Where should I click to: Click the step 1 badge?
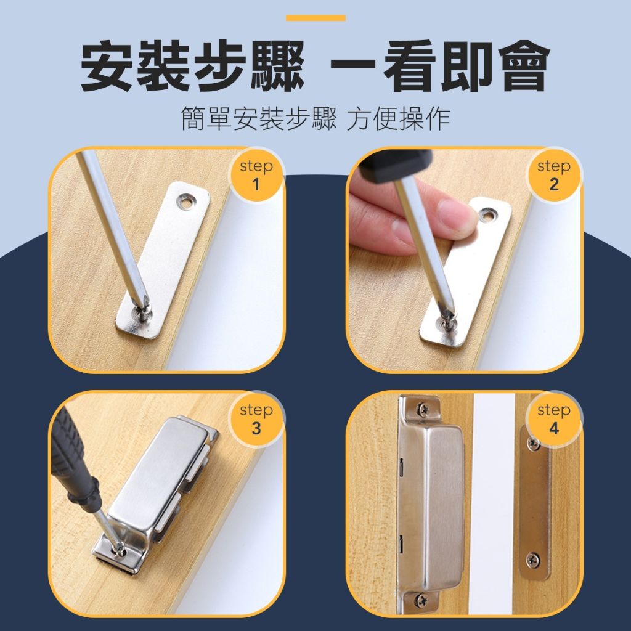click(256, 176)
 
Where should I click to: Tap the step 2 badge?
click(554, 176)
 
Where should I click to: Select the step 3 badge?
click(256, 419)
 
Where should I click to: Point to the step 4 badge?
click(554, 419)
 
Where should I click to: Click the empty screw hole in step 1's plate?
click(185, 202)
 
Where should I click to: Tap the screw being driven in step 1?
click(143, 312)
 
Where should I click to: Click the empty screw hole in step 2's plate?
click(488, 215)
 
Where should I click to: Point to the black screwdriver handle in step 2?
click(396, 165)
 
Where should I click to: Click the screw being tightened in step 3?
click(120, 548)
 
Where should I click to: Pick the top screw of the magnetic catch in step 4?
click(423, 410)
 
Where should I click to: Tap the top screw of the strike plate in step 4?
click(534, 444)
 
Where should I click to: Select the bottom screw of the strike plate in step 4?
click(533, 560)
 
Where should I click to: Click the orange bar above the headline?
click(315, 18)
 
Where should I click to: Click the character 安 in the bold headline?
click(107, 66)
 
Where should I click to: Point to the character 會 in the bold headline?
click(524, 66)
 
